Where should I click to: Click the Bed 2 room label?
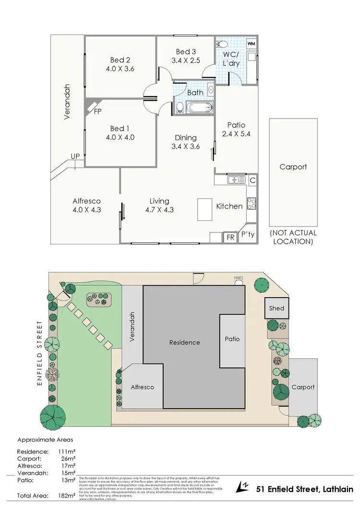120,60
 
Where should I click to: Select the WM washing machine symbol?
251,44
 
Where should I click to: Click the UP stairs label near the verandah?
75,157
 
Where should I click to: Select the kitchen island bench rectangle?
205,209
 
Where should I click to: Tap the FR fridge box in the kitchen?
230,237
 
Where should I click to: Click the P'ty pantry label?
248,235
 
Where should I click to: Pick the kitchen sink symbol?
234,180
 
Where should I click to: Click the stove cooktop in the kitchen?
251,204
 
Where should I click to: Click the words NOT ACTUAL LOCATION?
293,237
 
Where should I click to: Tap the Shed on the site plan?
276,308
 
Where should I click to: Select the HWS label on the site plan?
238,277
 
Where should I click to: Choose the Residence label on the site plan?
184,342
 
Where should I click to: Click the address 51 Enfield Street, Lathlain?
304,489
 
